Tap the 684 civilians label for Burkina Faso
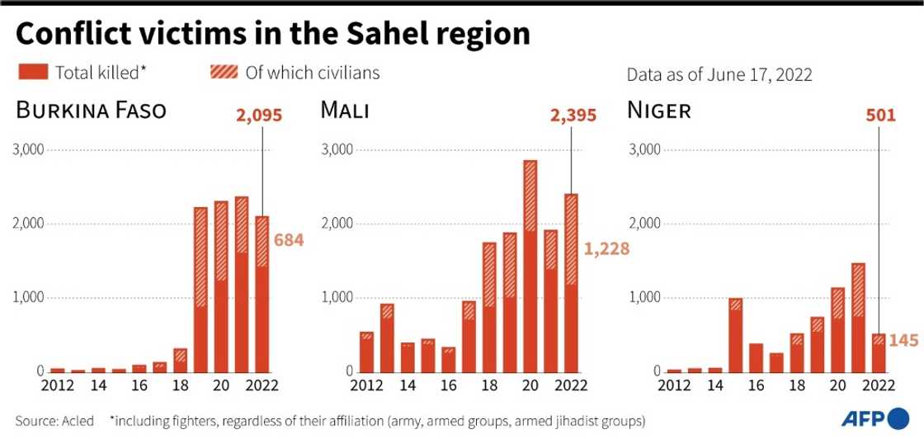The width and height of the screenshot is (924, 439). (x=289, y=241)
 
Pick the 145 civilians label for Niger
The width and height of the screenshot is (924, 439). (x=903, y=339)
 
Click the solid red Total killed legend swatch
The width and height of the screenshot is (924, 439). (x=32, y=73)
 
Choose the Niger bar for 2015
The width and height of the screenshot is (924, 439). (x=735, y=334)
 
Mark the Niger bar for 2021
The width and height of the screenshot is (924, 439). (x=858, y=317)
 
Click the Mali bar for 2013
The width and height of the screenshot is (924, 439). (x=386, y=338)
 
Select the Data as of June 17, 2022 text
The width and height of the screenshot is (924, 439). (x=719, y=75)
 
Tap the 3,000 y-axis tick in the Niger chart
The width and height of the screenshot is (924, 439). (x=645, y=150)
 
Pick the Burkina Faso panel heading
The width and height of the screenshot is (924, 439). (x=90, y=111)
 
